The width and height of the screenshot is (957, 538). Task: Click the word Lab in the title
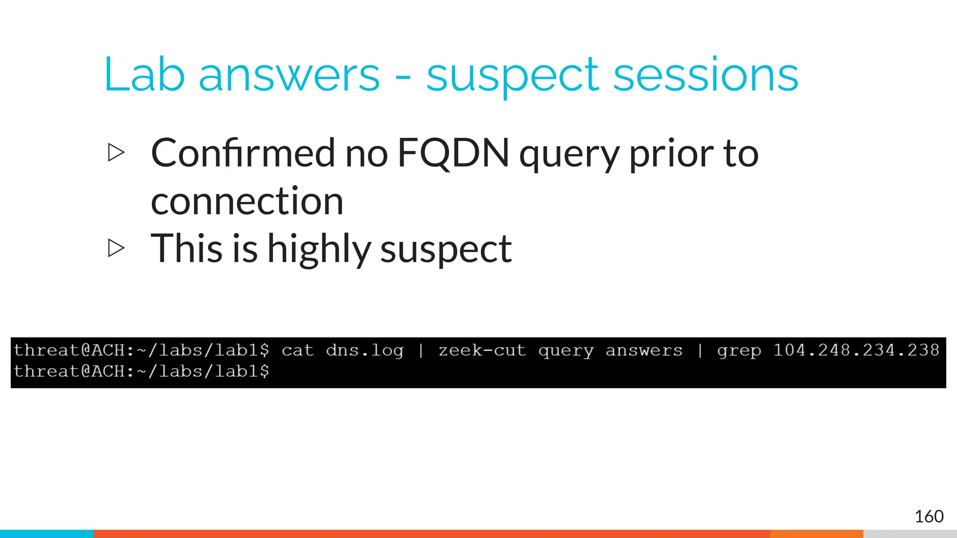point(144,75)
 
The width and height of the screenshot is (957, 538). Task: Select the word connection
point(247,201)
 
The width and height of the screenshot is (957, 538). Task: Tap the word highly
point(319,250)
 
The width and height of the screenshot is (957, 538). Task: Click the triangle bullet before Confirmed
point(116,153)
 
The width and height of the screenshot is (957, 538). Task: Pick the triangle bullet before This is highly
point(116,248)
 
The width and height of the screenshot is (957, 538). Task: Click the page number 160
point(928,517)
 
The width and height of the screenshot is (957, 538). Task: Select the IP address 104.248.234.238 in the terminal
point(856,350)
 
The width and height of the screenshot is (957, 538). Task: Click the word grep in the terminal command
point(739,351)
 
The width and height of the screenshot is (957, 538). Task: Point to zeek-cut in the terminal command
point(482,350)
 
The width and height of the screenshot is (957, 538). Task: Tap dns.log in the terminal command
point(364,351)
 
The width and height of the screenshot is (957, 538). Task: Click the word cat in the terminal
point(298,350)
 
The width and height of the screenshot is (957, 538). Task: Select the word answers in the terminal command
point(644,350)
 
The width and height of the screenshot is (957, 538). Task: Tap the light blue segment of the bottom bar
point(47,534)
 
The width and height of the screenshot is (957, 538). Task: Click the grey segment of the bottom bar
point(910,534)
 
